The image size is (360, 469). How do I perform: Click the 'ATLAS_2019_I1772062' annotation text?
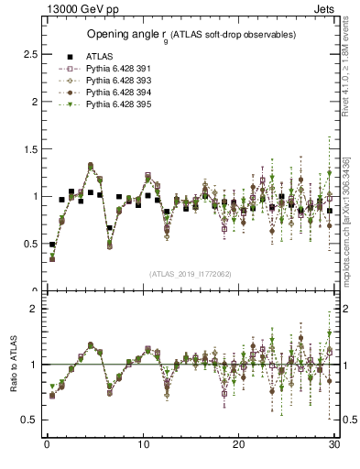[x=190, y=274]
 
